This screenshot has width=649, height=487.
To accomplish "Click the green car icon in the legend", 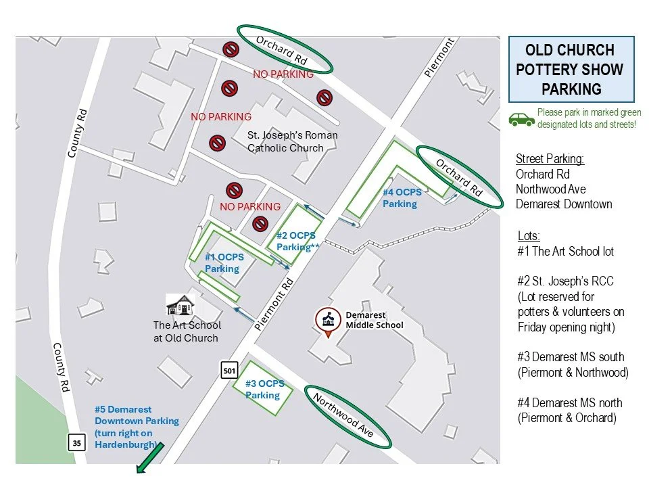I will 521,119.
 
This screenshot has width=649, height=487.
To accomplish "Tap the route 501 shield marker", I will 229,369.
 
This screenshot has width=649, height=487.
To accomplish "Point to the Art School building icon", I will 181,304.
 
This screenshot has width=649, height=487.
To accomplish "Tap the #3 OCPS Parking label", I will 264,389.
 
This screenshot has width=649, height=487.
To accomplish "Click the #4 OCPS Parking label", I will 402,198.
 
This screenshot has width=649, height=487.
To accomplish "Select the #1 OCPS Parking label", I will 224,263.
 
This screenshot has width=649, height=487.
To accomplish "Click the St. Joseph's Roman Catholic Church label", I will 293,141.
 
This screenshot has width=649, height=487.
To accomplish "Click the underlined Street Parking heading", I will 550,159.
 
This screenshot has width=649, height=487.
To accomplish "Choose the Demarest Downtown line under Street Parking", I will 564,204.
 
